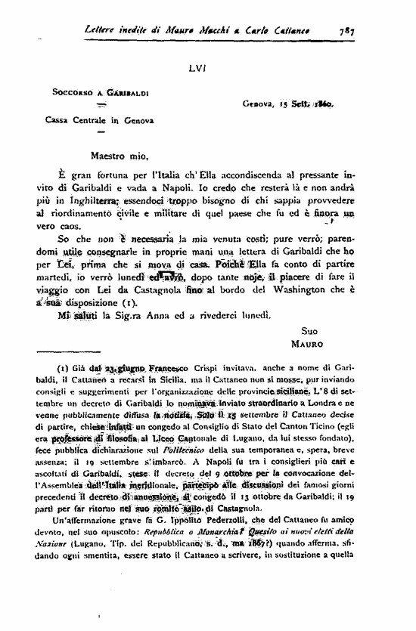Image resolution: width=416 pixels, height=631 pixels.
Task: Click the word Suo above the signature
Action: (309, 331)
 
